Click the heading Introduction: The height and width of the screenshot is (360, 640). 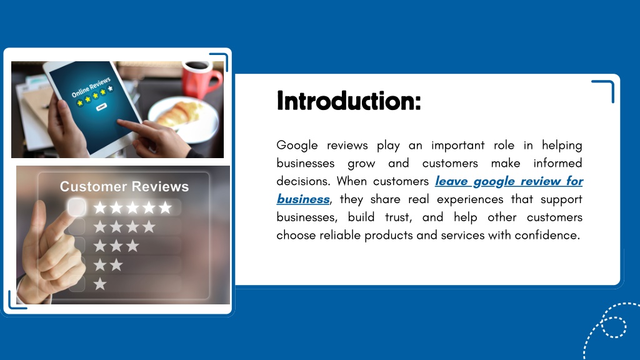click(x=348, y=101)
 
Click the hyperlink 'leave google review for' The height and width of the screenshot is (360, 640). click(x=509, y=181)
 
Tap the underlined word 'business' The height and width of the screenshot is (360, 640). click(x=303, y=199)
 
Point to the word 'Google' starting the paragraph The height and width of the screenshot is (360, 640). click(x=297, y=146)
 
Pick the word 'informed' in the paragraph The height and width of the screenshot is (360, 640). click(x=557, y=164)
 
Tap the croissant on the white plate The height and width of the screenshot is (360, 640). click(x=180, y=114)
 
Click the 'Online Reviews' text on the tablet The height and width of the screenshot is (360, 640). click(x=91, y=86)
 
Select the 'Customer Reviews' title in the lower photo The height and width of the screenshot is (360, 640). click(x=124, y=187)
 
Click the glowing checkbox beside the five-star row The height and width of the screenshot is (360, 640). click(x=77, y=207)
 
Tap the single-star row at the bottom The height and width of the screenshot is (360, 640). click(x=100, y=284)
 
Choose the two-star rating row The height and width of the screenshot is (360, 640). click(x=108, y=265)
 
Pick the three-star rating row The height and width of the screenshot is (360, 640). click(x=116, y=246)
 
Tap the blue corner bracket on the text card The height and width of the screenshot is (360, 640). click(x=605, y=89)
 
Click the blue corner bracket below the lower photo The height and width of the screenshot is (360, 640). click(x=16, y=301)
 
